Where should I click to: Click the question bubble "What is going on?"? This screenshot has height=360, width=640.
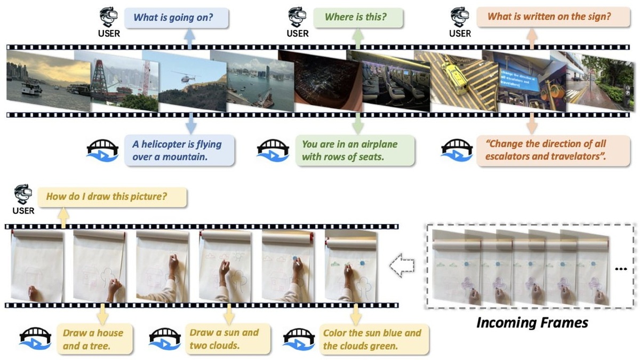point(173,18)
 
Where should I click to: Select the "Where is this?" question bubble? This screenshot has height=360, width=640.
point(356,18)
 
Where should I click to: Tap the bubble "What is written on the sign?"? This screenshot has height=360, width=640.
point(549,17)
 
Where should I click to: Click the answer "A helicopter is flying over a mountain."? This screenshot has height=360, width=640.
point(177,150)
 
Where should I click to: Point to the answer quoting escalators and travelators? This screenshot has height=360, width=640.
point(549,150)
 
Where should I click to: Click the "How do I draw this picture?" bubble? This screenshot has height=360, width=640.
point(107,196)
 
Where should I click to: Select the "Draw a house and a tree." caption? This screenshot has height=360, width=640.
point(93,339)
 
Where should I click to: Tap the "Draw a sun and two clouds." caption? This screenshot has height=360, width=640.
point(224,339)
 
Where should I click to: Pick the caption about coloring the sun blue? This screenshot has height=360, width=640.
point(372,339)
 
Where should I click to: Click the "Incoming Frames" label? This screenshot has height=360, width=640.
point(532,323)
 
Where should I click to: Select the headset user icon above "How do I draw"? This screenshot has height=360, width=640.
point(22,194)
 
